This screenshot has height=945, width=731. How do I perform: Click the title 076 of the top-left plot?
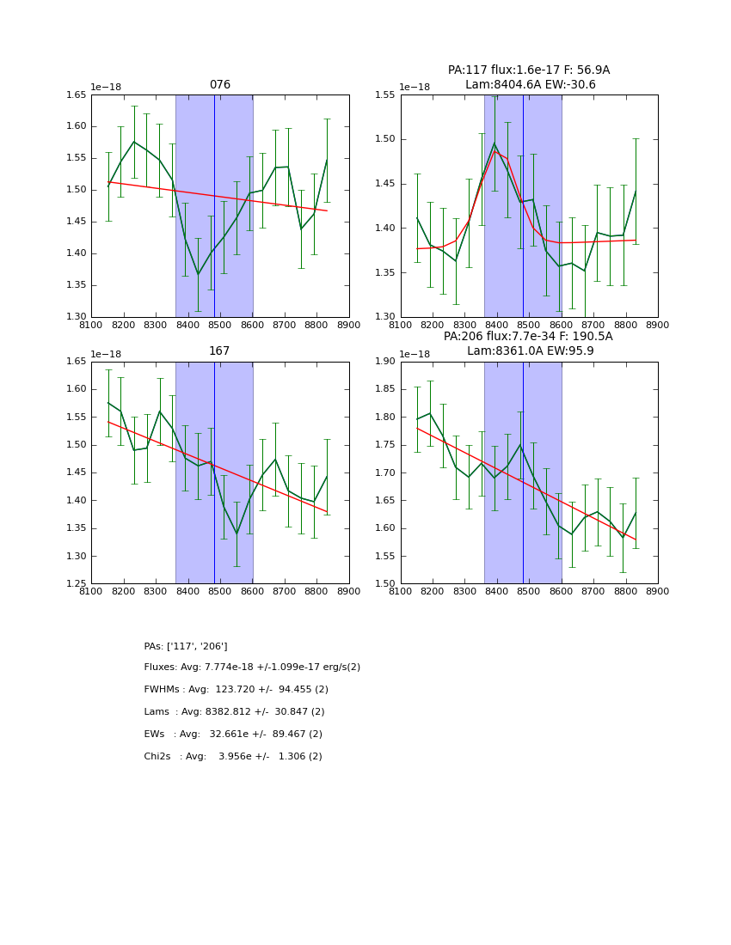click(220, 85)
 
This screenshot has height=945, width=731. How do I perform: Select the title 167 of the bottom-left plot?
click(220, 351)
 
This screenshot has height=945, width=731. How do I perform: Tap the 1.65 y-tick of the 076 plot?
click(77, 94)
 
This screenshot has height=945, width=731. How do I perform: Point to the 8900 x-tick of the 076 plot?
click(349, 326)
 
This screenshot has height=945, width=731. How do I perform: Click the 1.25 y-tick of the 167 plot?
click(77, 584)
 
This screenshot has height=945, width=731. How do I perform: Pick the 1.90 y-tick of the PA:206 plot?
click(386, 362)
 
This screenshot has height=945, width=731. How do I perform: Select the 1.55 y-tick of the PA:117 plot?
click(386, 94)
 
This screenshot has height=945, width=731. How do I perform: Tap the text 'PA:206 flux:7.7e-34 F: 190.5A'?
click(528, 337)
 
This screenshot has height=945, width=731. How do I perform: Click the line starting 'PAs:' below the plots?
click(186, 646)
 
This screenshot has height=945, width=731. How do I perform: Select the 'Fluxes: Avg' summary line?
click(252, 668)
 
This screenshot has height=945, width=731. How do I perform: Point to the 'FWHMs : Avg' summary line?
click(236, 690)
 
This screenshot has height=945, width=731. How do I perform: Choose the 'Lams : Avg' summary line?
click(234, 712)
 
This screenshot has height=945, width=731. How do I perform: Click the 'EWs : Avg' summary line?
click(233, 735)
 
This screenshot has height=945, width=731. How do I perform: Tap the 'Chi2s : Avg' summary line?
click(233, 757)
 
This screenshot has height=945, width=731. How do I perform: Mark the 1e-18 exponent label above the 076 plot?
click(106, 87)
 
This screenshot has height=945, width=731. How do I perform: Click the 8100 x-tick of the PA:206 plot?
click(401, 592)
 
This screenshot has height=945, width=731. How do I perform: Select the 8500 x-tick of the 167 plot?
click(220, 592)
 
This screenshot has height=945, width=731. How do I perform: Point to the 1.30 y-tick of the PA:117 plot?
click(386, 317)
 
